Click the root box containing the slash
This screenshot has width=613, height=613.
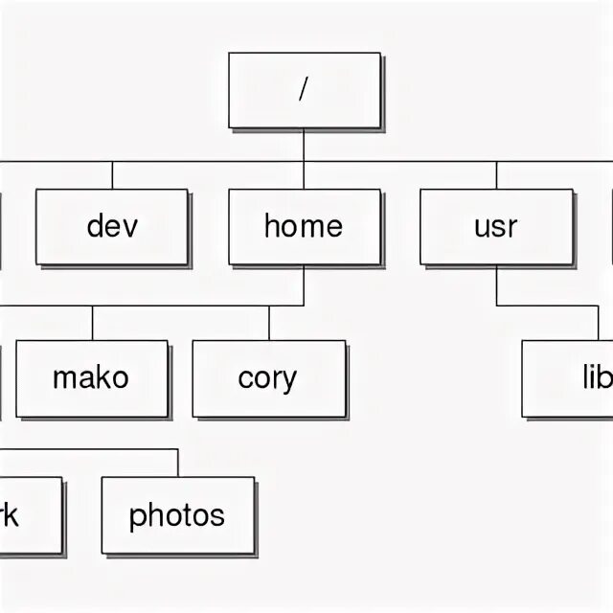304,91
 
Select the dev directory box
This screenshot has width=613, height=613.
112,227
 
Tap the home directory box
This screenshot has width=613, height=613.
304,227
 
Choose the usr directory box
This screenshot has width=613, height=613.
495,227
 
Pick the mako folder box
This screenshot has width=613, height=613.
92,378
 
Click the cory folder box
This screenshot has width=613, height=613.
268,378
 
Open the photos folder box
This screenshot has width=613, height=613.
178,515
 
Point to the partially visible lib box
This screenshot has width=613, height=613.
570,378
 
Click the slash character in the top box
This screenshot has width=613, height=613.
304,89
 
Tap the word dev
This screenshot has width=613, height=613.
112,226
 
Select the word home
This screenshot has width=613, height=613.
304,226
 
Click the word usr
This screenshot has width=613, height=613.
495,227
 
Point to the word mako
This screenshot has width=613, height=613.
91,377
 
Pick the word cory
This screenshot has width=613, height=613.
268,379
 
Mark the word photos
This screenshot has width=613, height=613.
177,516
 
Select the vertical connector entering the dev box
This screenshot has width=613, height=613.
112,175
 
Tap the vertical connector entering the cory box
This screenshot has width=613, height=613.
269,324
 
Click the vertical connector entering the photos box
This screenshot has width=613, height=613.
178,462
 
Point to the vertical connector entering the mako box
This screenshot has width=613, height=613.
92,324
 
